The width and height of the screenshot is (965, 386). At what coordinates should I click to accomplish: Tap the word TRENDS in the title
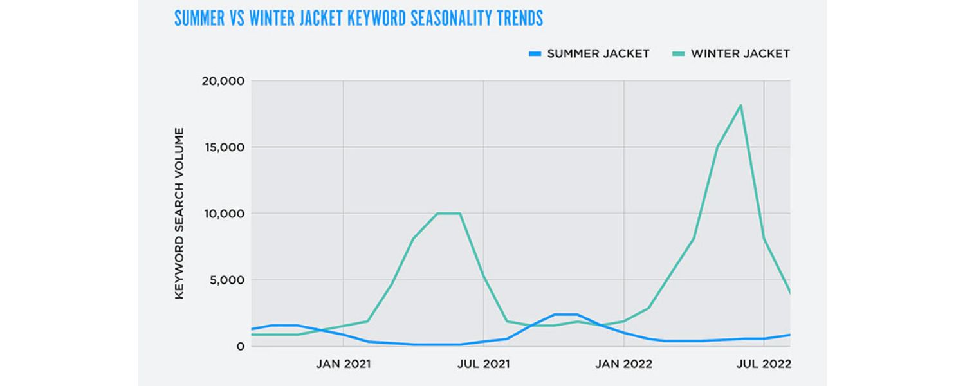[x=519, y=18]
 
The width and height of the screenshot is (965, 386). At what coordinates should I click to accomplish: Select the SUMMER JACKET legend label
[x=598, y=54]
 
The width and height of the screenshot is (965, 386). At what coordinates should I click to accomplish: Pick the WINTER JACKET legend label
[x=740, y=54]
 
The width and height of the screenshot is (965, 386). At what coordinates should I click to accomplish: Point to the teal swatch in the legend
[x=677, y=54]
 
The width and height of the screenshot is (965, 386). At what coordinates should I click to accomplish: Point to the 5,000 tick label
[x=226, y=280]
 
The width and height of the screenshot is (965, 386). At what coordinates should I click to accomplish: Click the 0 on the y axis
[x=241, y=346]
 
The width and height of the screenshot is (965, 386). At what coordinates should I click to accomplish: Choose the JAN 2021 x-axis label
[x=343, y=365]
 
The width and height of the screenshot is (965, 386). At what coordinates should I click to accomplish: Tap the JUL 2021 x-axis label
[x=483, y=365]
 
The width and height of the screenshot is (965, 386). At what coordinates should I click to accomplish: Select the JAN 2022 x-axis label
[x=623, y=365]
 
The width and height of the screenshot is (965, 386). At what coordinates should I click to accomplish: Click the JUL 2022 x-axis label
[x=764, y=365]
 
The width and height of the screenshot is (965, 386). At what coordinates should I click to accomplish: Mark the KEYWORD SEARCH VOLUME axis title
[x=179, y=213]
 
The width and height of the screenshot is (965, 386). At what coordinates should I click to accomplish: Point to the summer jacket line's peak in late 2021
[x=565, y=315]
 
